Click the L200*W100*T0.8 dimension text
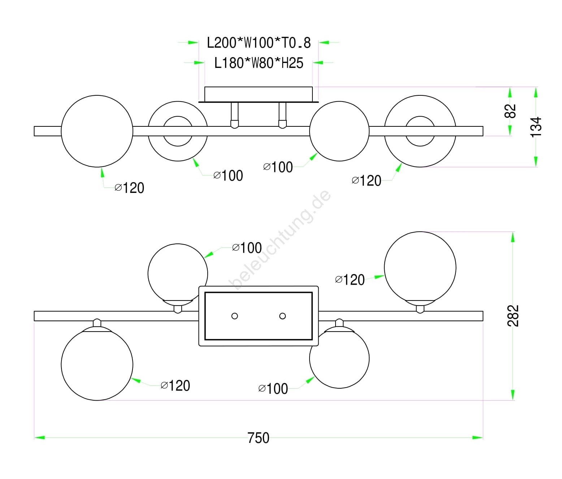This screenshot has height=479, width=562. [x=259, y=43]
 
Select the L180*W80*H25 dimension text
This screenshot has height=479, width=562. [x=259, y=63]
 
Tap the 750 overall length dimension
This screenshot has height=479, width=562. [x=259, y=438]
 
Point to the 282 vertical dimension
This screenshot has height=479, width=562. [x=513, y=316]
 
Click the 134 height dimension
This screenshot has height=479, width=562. [x=536, y=127]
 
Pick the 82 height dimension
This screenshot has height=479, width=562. [x=510, y=111]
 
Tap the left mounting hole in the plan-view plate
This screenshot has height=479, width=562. [x=234, y=316]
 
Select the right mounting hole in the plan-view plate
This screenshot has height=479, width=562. [x=282, y=316]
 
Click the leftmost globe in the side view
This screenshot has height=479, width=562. [x=97, y=131]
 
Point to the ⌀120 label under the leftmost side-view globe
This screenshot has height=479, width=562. [x=129, y=188]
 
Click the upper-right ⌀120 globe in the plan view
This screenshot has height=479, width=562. [x=420, y=267]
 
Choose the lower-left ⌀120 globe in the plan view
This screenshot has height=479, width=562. [x=97, y=364]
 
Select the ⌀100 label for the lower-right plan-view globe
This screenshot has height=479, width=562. [x=273, y=389]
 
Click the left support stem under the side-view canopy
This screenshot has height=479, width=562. [x=234, y=115]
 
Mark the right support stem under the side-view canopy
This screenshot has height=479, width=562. [x=282, y=115]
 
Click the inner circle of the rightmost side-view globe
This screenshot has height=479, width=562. [x=420, y=131]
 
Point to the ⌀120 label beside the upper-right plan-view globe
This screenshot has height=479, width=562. [x=350, y=280]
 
